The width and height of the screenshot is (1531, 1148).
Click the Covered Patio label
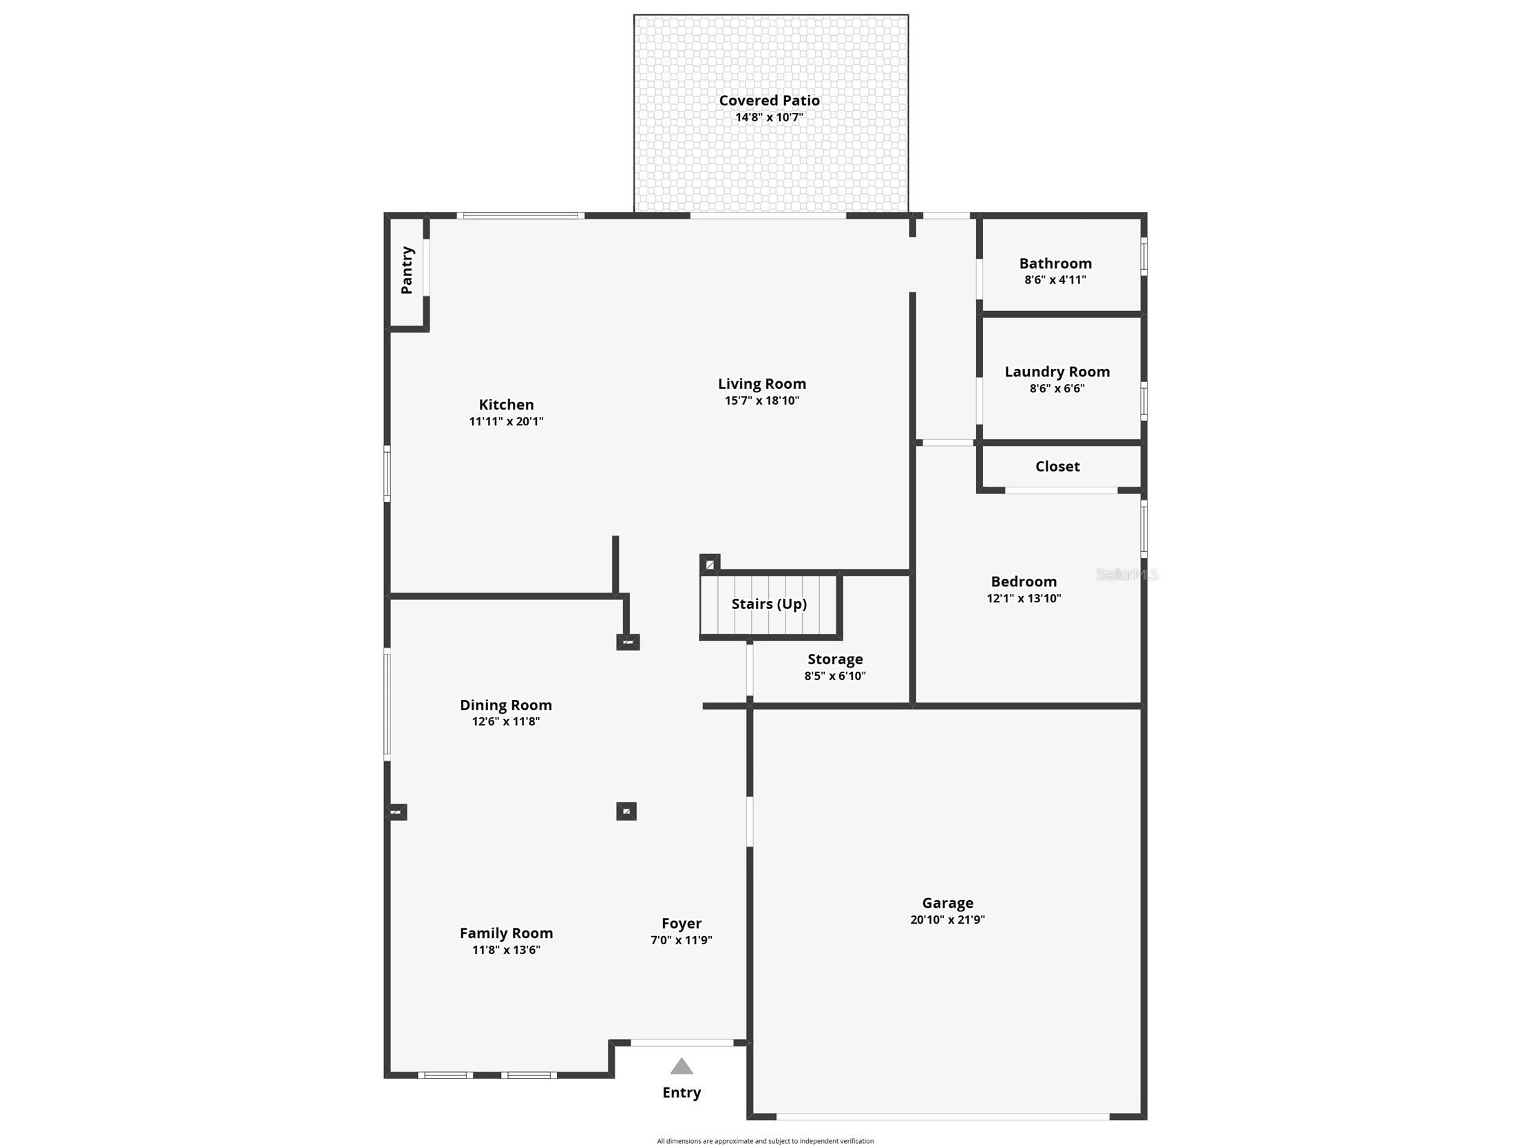[x=769, y=100]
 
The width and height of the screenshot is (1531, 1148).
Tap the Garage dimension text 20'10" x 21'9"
[x=947, y=920]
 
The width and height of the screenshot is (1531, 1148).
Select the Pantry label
[x=407, y=270]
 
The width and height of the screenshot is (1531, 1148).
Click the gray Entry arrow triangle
[x=681, y=1066]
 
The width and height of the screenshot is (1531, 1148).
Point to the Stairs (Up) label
[x=769, y=604]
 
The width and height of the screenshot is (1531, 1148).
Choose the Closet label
[x=1057, y=467]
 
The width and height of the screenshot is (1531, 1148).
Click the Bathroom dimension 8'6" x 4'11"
[x=1055, y=279]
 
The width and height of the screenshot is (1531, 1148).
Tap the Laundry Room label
[x=1057, y=372]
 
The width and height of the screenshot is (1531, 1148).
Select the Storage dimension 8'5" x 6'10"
[x=835, y=676]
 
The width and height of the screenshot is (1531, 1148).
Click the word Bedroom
[x=1024, y=582]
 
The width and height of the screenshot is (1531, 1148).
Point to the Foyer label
[x=681, y=923]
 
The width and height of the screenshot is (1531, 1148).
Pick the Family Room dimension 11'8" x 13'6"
[x=506, y=950]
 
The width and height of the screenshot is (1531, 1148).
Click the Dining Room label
[x=506, y=705]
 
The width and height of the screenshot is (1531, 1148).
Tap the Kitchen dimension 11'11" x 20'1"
[x=506, y=421]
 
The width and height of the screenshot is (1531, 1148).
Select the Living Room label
[x=761, y=383]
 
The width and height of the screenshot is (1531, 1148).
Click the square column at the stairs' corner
[x=710, y=564]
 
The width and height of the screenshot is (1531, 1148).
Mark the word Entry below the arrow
[x=681, y=1092]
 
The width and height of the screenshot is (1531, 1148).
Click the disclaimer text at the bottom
[x=765, y=1141]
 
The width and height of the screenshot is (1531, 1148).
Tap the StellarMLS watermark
[x=1126, y=575]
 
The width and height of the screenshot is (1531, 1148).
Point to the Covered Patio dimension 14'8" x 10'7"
[x=769, y=117]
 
